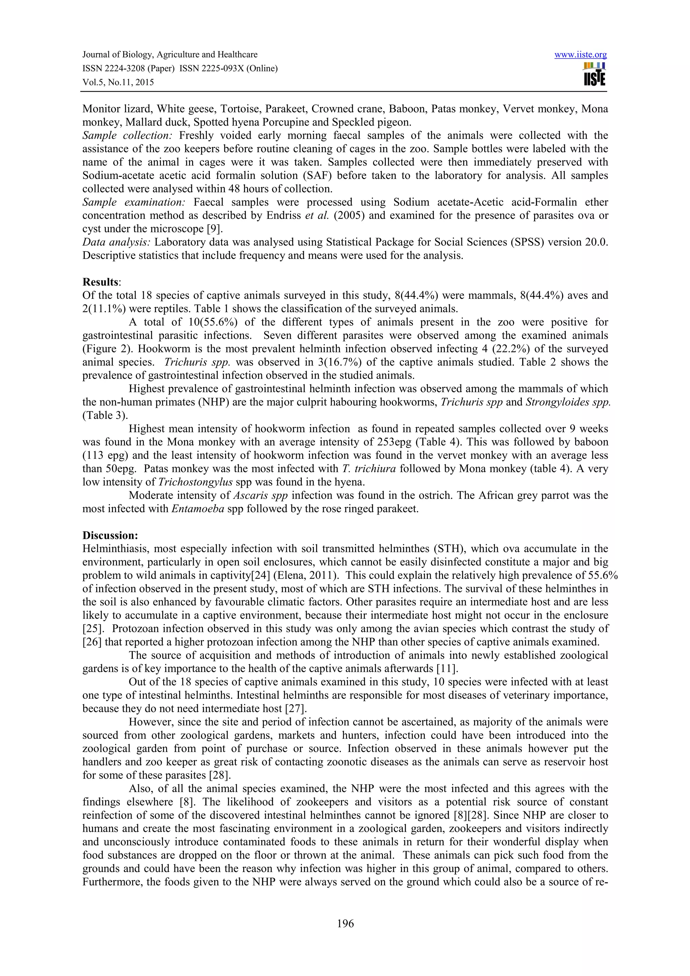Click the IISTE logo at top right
(x=594, y=74)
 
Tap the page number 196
(x=345, y=923)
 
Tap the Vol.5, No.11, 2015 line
(x=118, y=83)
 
